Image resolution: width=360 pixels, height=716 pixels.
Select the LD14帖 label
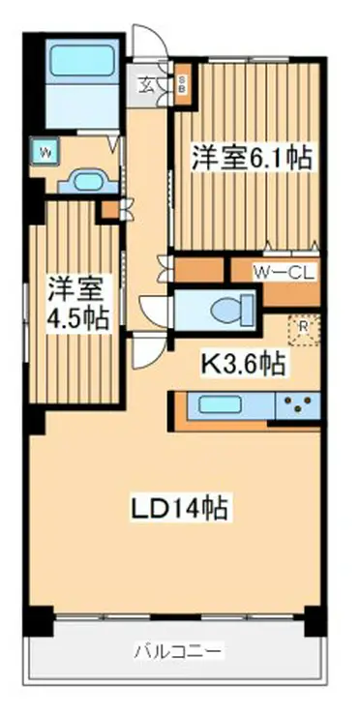click(180, 507)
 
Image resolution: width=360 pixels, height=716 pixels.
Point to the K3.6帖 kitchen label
click(242, 365)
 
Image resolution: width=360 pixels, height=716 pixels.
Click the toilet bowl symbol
click(231, 310)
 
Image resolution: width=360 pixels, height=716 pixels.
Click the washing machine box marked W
click(45, 152)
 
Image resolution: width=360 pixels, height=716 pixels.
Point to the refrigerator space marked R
click(303, 327)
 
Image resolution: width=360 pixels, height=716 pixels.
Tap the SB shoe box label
click(182, 83)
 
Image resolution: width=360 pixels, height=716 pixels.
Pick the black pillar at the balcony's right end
click(315, 620)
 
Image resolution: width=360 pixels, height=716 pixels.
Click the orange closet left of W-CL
click(198, 270)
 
